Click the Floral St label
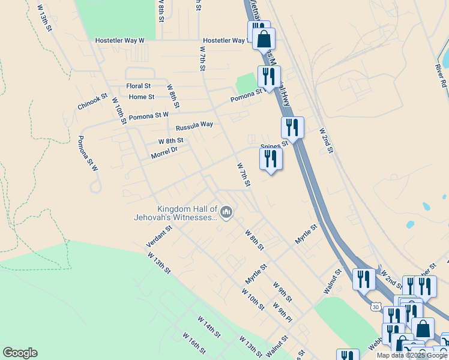[138, 86]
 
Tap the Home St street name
[142, 97]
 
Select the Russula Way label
[194, 126]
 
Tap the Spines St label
[274, 145]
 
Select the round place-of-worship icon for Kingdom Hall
[226, 212]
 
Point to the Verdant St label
[160, 237]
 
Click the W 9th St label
[283, 292]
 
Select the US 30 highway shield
[376, 306]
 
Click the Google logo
[20, 353]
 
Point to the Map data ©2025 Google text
[412, 355]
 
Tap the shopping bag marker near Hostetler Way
[264, 40]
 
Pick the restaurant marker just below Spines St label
[271, 159]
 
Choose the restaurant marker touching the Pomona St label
[267, 77]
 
